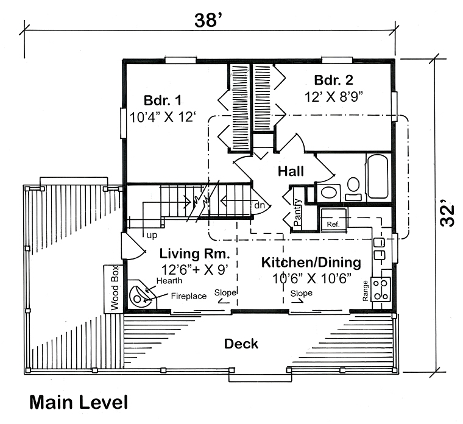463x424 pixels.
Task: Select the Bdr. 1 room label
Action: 163,100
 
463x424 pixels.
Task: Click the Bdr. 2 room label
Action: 333,80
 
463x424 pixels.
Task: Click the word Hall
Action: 291,172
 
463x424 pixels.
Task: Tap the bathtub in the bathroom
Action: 376,176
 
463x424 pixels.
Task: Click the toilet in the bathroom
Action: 353,186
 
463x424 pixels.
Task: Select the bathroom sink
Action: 329,193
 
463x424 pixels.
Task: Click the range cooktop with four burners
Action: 381,289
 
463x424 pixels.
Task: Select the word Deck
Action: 241,344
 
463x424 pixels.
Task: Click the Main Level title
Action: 79,402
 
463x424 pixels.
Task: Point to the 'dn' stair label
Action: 260,205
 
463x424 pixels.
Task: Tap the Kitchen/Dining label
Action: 311,263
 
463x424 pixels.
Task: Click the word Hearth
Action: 169,280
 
